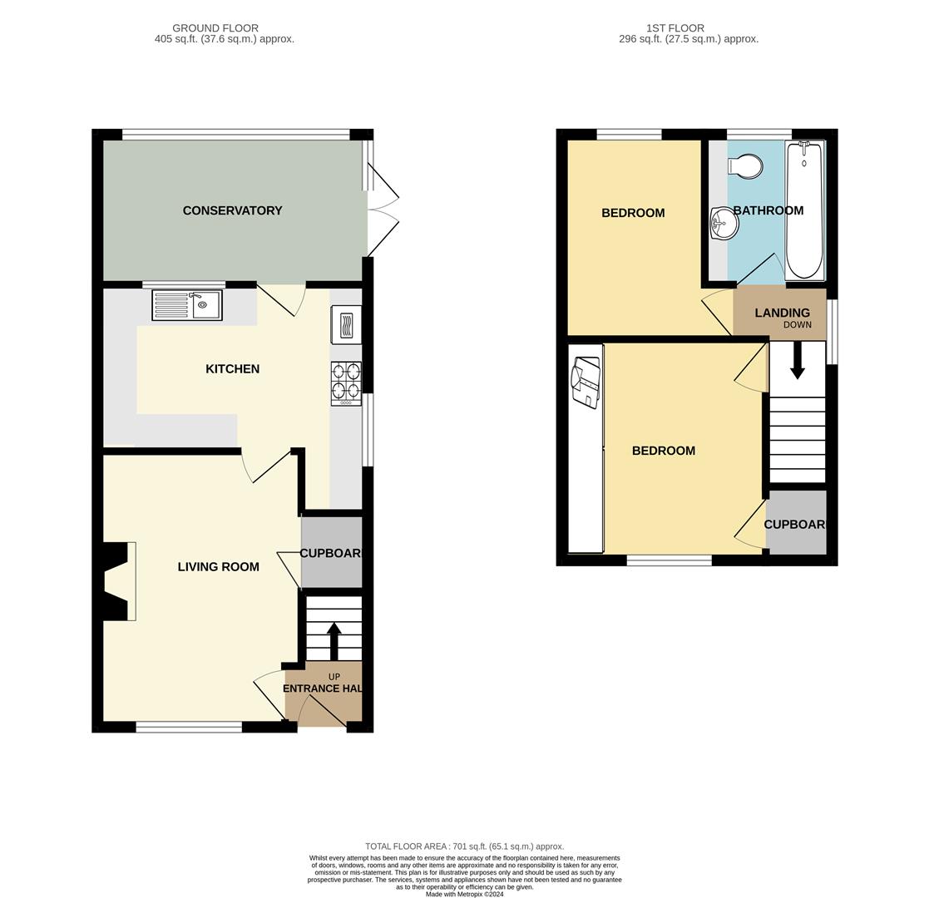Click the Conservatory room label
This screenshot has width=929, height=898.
click(232, 210)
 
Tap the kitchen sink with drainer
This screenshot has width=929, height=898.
click(187, 305)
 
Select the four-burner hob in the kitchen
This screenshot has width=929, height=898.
click(347, 384)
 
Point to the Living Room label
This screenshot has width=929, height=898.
click(219, 567)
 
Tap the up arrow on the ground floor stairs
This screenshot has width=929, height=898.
click(334, 642)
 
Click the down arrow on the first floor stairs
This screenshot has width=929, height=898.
click(798, 361)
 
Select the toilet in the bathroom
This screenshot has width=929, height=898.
click(745, 165)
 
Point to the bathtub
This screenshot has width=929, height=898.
click(804, 210)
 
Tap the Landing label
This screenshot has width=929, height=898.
click(782, 313)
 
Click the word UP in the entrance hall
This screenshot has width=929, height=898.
click(334, 677)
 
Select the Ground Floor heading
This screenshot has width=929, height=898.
click(215, 27)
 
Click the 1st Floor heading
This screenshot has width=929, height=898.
click(675, 27)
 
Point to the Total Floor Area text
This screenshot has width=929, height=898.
click(464, 846)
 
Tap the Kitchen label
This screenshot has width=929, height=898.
click(232, 369)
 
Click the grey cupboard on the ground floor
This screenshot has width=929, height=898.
click(331, 552)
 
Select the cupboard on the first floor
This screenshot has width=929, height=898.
click(796, 522)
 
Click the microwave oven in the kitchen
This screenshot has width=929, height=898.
click(346, 325)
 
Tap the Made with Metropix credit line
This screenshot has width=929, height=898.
click(464, 895)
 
